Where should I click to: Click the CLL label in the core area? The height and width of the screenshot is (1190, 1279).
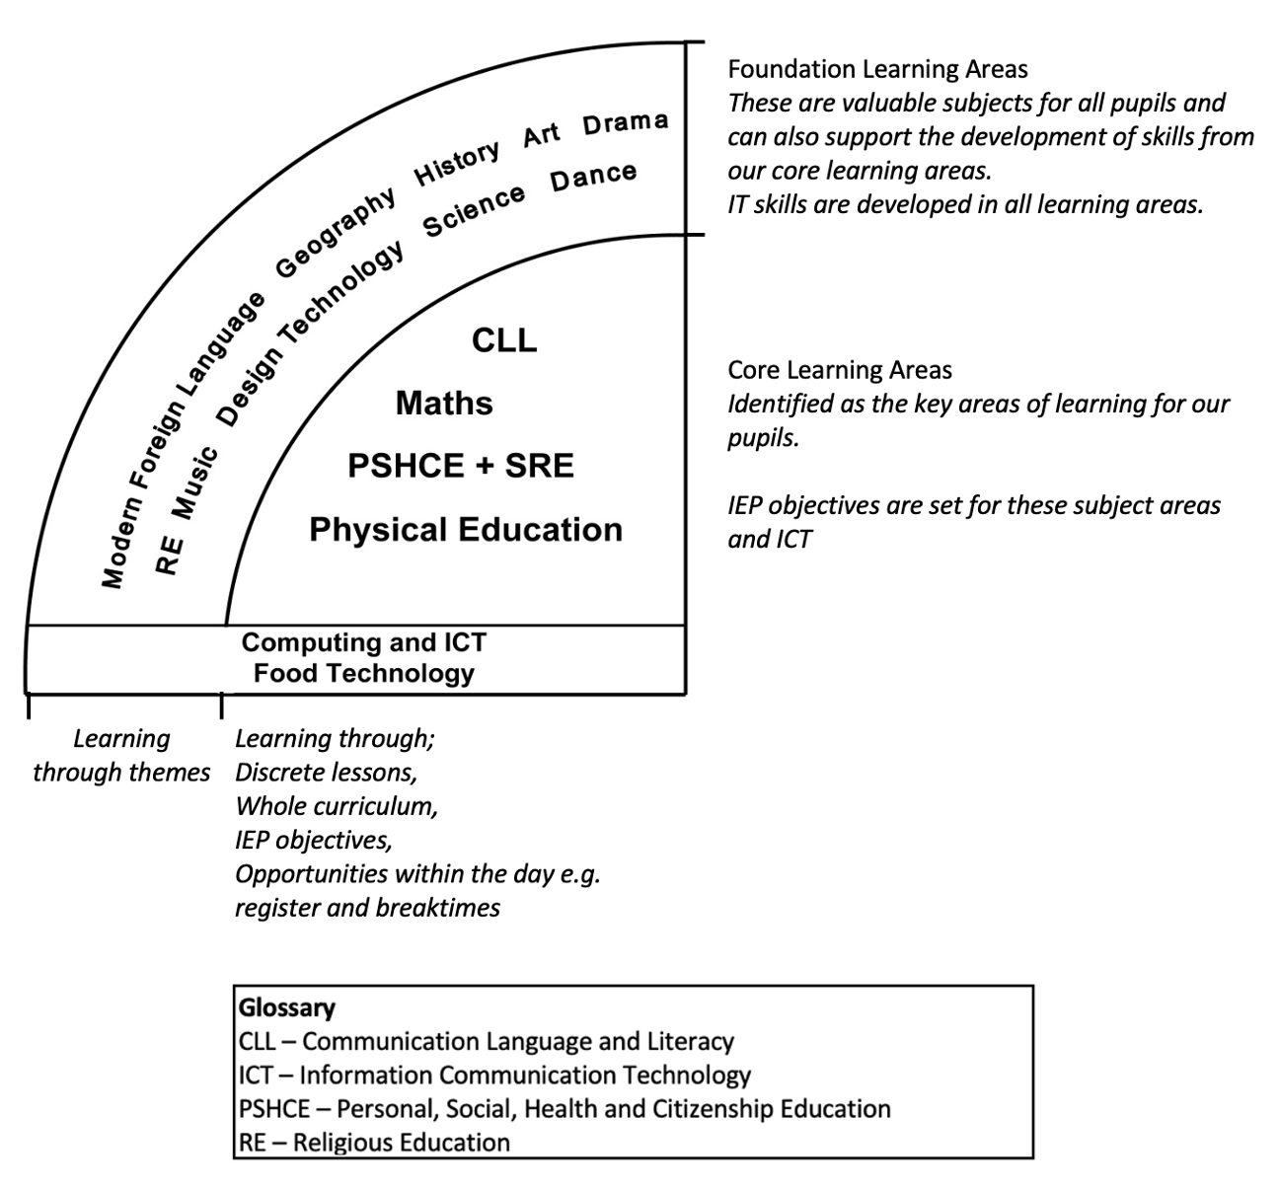coord(504,340)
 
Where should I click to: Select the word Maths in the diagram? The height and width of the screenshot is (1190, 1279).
coord(444,404)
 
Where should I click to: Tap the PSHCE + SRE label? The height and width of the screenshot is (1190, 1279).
coord(460,466)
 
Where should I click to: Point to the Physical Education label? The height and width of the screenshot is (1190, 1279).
coord(466,530)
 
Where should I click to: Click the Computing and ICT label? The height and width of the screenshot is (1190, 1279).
coord(364,642)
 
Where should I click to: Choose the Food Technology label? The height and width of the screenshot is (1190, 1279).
coord(364,674)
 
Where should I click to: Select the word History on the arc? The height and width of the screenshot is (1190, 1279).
coord(457,162)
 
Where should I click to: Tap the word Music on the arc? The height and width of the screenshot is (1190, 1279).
coord(194,482)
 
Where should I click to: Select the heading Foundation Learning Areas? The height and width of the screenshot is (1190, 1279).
coord(877,69)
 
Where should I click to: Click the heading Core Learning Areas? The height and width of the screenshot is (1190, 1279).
coord(840,370)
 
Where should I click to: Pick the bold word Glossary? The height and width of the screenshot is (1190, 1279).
coord(286,1007)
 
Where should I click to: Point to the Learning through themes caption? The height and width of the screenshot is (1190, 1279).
coord(121,756)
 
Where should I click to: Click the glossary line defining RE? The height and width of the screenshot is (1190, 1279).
coord(375,1143)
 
